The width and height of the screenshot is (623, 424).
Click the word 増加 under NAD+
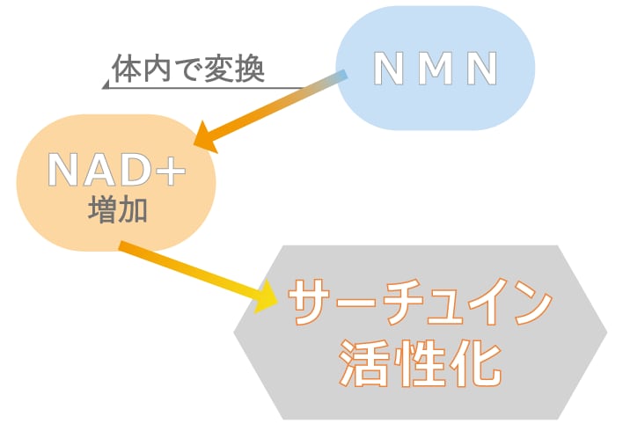(x=116, y=211)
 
